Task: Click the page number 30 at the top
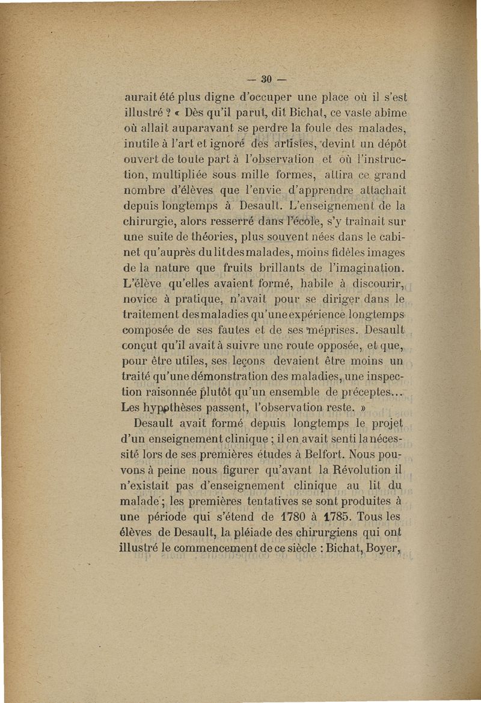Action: tap(266, 78)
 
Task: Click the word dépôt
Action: tap(392, 143)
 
